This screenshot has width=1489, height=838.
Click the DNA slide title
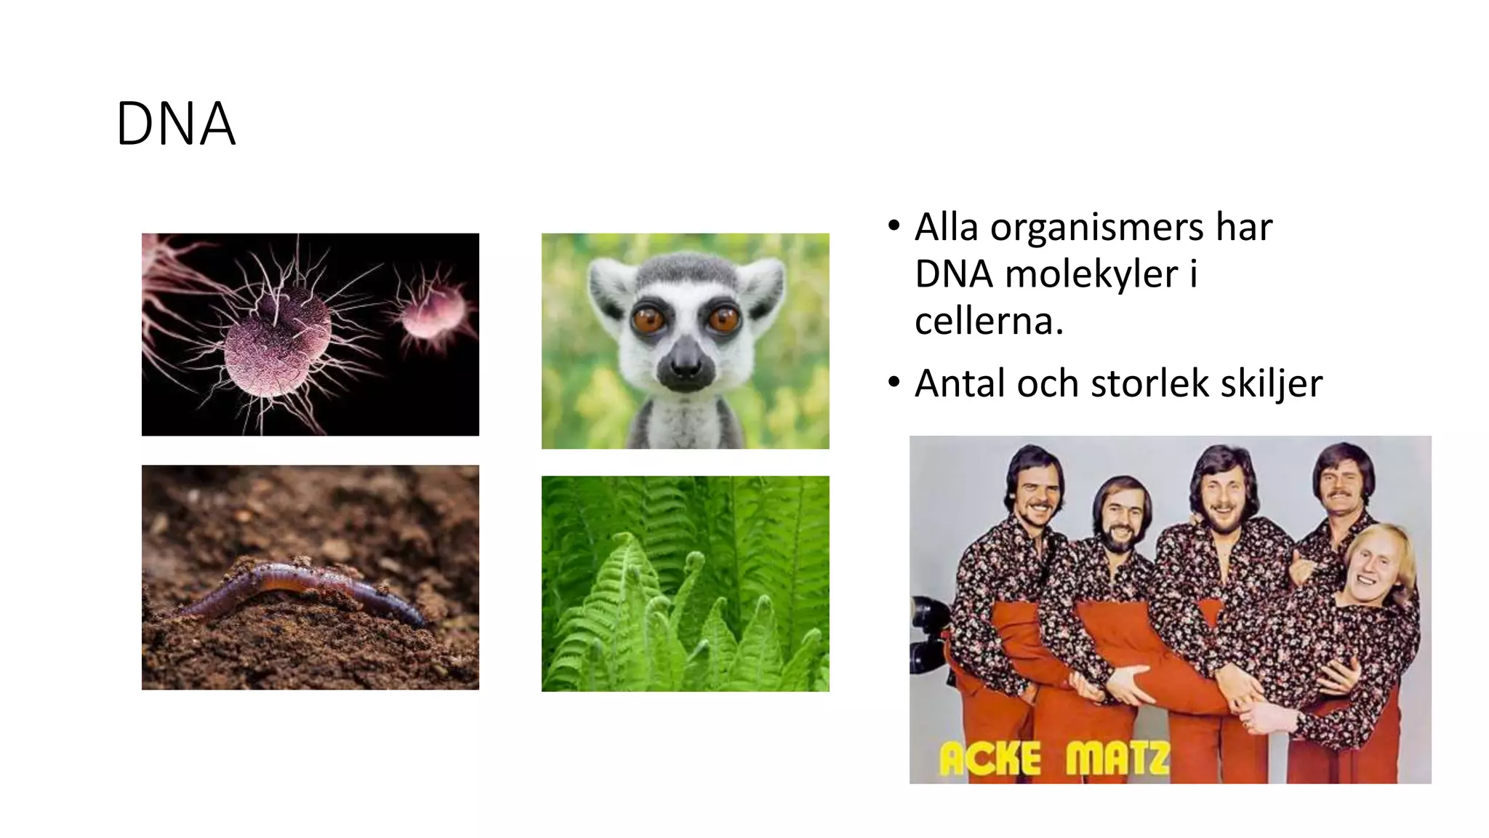(x=175, y=124)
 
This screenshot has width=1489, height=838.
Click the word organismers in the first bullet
(x=1096, y=228)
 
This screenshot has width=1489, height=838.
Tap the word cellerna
(x=989, y=322)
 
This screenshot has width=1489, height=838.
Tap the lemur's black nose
(x=684, y=362)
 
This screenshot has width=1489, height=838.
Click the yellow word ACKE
(x=990, y=759)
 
